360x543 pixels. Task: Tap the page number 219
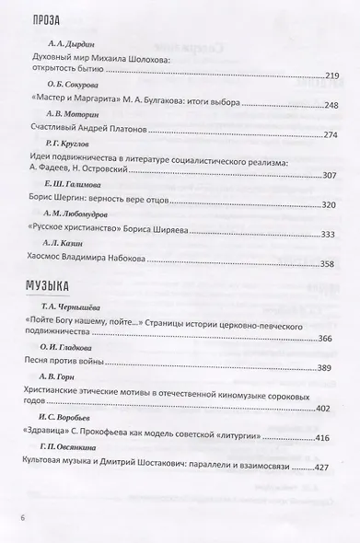[327, 75]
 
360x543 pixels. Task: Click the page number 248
[327, 106]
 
